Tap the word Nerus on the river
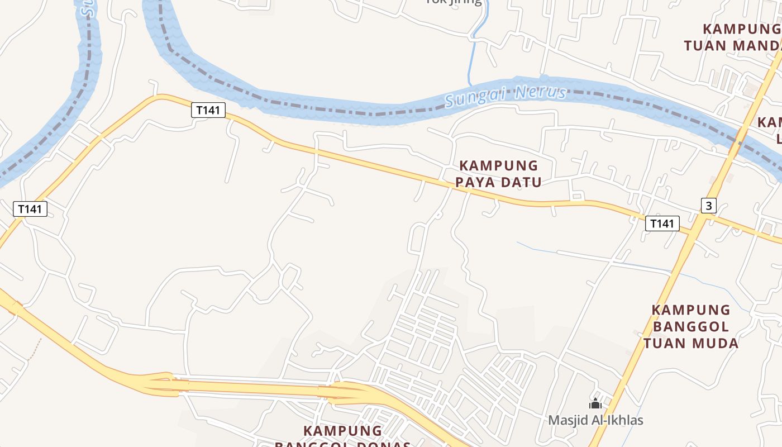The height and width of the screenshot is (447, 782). (541, 92)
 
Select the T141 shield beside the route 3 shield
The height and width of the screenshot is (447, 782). (662, 223)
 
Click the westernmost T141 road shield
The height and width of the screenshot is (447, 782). (30, 209)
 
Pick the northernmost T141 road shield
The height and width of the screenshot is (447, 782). (208, 110)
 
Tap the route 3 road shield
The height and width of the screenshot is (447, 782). (708, 206)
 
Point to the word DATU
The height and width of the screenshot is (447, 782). (521, 182)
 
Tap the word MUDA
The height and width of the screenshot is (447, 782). (717, 343)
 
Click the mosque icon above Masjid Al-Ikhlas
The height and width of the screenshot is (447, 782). (595, 403)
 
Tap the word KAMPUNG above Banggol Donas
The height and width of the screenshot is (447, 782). (342, 431)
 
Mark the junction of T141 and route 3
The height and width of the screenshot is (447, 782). (693, 230)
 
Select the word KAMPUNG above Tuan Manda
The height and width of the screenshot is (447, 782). (741, 28)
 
